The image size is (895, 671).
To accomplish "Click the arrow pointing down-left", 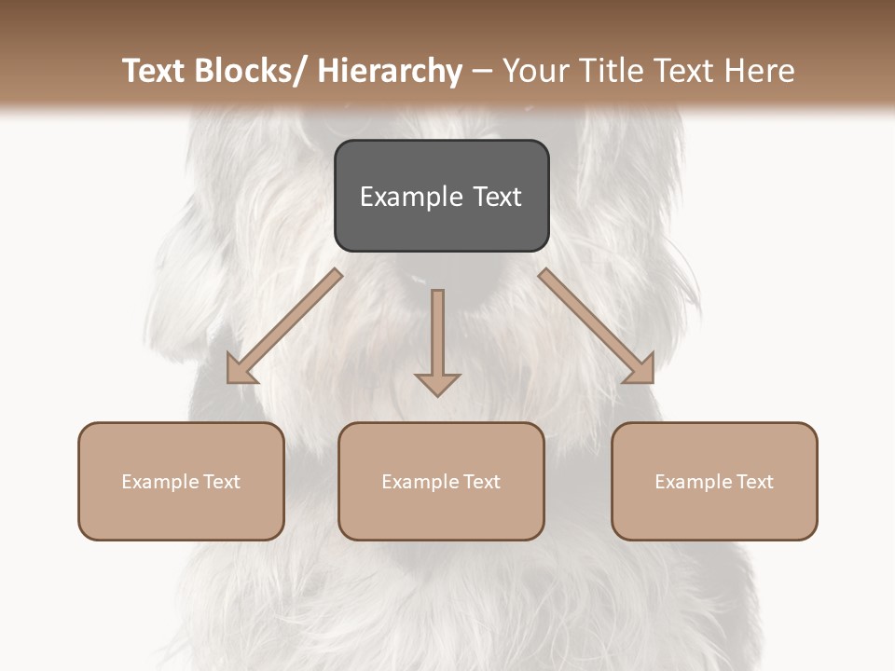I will (284, 326).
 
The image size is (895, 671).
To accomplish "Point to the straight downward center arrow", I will (437, 335).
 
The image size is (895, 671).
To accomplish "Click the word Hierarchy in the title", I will (390, 71).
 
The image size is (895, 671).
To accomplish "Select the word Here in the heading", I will (757, 71).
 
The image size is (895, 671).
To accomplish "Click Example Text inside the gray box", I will (441, 197).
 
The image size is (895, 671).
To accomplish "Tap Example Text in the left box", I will (181, 482).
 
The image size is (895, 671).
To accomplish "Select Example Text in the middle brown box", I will (441, 482).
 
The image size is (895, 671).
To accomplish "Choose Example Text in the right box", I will (714, 482).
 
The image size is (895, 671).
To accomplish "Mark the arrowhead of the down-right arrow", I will (641, 371).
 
